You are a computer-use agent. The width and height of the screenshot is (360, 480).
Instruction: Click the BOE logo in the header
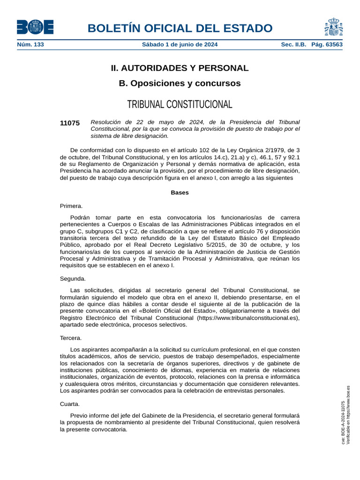click(35, 27)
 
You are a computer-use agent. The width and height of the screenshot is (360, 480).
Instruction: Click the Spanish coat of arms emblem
click(333, 27)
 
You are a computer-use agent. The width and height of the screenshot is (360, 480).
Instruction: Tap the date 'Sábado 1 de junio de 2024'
click(180, 45)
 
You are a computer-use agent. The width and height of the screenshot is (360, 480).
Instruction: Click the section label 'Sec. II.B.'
click(293, 45)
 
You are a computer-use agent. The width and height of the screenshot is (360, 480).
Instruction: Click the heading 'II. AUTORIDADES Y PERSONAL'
click(180, 68)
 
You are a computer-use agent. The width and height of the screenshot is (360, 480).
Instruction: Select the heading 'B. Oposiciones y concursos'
click(180, 83)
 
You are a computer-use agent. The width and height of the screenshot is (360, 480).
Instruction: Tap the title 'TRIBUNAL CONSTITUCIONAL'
click(180, 104)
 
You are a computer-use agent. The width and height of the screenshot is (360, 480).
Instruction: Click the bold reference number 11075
click(70, 123)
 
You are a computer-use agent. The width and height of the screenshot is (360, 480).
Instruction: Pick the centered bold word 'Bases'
click(180, 193)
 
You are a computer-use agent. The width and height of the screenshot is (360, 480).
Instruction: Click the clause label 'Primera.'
click(71, 206)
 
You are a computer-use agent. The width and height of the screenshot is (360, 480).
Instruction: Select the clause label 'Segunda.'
click(73, 278)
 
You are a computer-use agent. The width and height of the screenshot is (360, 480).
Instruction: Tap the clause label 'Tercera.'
click(71, 338)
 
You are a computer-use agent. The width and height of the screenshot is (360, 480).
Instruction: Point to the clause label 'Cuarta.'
click(70, 404)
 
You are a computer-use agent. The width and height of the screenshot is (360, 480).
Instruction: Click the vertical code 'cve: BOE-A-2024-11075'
click(343, 423)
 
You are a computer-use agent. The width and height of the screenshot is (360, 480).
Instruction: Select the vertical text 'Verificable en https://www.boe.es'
click(348, 415)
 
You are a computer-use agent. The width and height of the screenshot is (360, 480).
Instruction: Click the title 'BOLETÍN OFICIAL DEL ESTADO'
click(180, 28)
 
